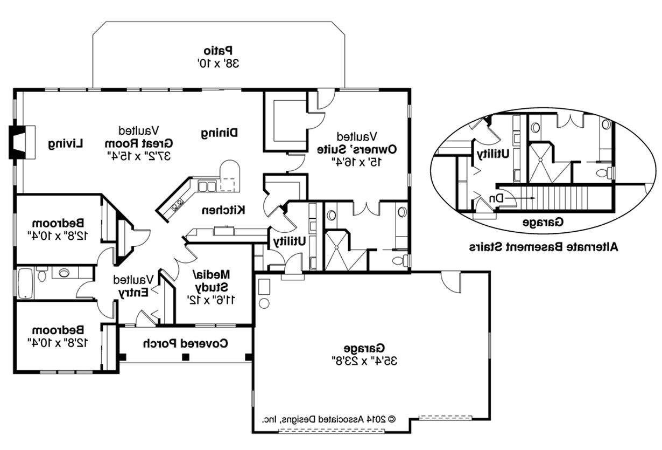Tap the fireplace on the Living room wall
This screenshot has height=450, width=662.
click(x=22, y=142)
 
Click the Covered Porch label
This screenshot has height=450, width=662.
click(x=186, y=343)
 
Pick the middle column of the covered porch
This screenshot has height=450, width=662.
click(x=186, y=357)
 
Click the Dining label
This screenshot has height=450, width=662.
click(x=220, y=133)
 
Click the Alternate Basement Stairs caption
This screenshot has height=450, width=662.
click(x=543, y=247)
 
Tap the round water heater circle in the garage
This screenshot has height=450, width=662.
click(x=264, y=304)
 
